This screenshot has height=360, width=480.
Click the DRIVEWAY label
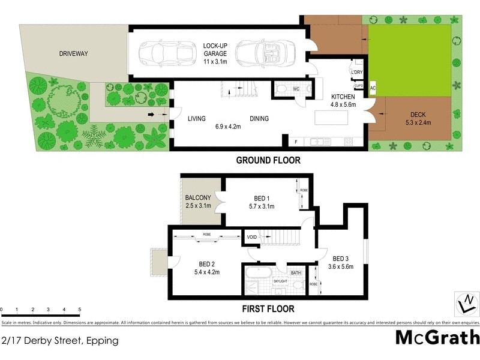[73, 54]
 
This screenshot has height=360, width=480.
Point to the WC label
[296, 90]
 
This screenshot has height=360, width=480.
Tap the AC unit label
[373, 88]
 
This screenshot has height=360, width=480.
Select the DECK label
[418, 115]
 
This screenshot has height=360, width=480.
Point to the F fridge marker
[296, 142]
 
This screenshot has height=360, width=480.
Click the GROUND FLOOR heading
[268, 160]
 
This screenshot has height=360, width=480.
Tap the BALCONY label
[197, 197]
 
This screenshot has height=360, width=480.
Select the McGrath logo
[437, 338]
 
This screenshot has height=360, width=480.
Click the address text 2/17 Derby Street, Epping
[60, 340]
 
